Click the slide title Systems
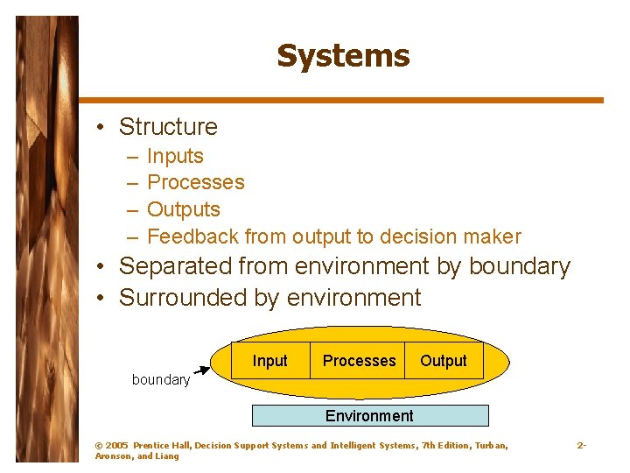(x=343, y=56)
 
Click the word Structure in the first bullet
(x=168, y=127)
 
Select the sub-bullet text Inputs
(x=175, y=157)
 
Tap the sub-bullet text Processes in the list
(x=196, y=183)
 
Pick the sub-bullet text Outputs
(x=184, y=210)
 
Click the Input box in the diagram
(x=269, y=361)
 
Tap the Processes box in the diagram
(x=359, y=361)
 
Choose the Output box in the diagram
(x=444, y=361)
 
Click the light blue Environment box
(x=369, y=415)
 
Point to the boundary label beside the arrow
(x=160, y=380)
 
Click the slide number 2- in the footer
(x=581, y=446)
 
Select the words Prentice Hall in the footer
(x=162, y=446)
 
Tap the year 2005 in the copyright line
(x=116, y=446)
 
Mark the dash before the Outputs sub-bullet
(x=131, y=210)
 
